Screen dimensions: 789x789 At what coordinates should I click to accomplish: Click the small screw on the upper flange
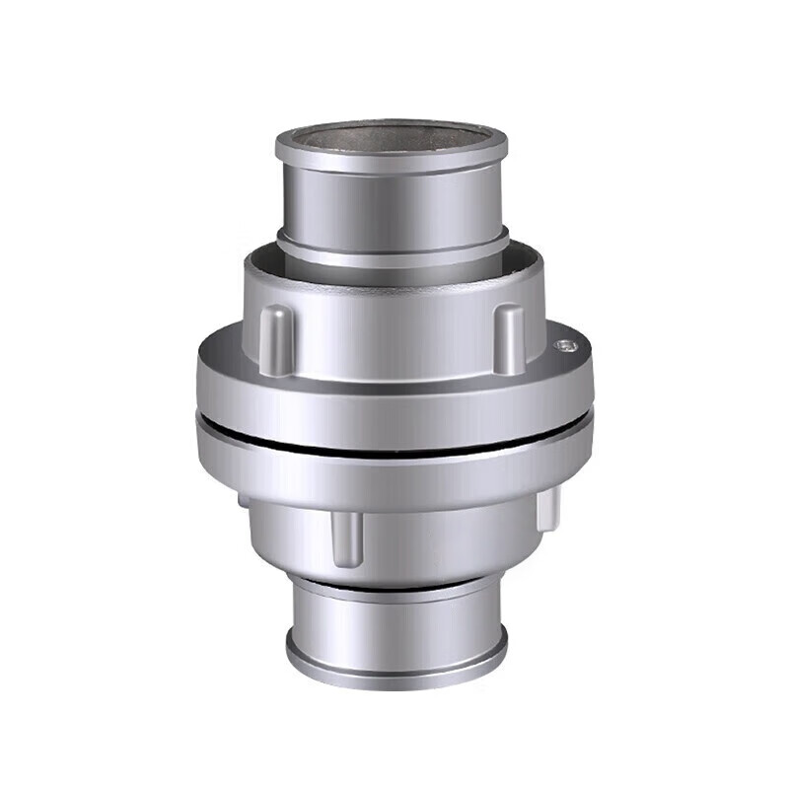click(562, 345)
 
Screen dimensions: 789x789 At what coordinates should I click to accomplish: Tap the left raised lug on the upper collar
click(278, 337)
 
